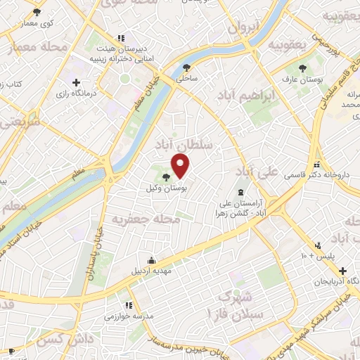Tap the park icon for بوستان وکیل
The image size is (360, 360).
click(166, 177)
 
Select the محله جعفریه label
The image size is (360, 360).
click(147, 220)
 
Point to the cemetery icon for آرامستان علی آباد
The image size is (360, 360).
click(242, 192)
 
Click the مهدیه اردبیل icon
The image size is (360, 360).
click(150, 260)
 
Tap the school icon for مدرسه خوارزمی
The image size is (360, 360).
click(128, 306)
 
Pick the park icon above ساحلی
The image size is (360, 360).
click(186, 68)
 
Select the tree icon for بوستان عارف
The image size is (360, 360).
click(302, 68)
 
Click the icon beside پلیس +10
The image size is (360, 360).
click(318, 245)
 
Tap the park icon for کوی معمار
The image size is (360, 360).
click(37, 13)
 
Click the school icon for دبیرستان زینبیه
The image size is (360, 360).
click(121, 37)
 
